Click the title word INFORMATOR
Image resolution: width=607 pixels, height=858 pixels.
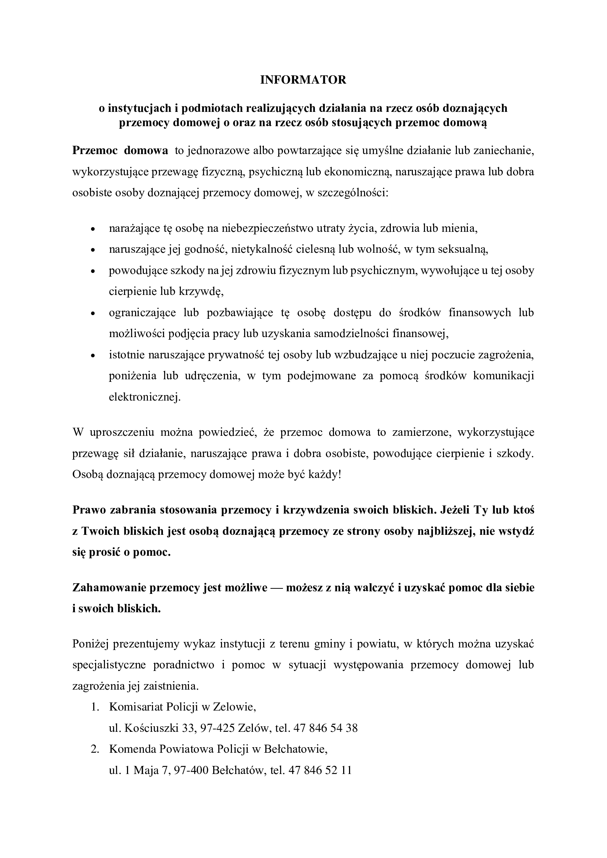coord(303,80)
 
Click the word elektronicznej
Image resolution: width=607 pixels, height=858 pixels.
coord(145,397)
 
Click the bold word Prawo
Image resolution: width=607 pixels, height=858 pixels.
coord(88,510)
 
